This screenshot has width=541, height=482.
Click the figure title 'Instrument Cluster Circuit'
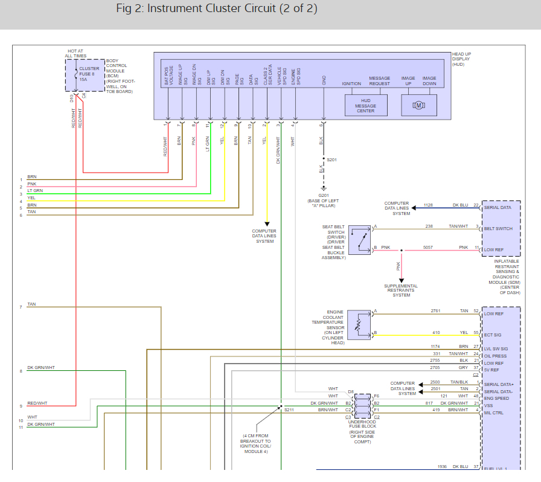click(x=231, y=9)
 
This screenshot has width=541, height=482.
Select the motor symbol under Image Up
click(x=419, y=106)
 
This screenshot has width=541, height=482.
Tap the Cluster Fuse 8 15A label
click(x=89, y=74)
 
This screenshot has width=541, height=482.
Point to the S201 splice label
click(x=331, y=159)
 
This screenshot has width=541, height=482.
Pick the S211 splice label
click(x=289, y=410)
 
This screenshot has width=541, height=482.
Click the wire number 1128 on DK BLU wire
click(x=428, y=205)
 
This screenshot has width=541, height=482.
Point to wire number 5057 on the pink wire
click(x=427, y=247)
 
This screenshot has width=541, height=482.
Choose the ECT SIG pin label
click(x=493, y=335)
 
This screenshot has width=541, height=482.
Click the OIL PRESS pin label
click(x=495, y=356)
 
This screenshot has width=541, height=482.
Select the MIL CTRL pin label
click(x=495, y=413)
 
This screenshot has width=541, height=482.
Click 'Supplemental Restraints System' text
click(x=401, y=291)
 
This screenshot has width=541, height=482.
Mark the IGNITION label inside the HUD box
click(x=351, y=84)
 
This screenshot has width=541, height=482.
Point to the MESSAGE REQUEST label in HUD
click(x=380, y=81)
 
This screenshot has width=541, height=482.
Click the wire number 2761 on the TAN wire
click(x=435, y=310)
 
